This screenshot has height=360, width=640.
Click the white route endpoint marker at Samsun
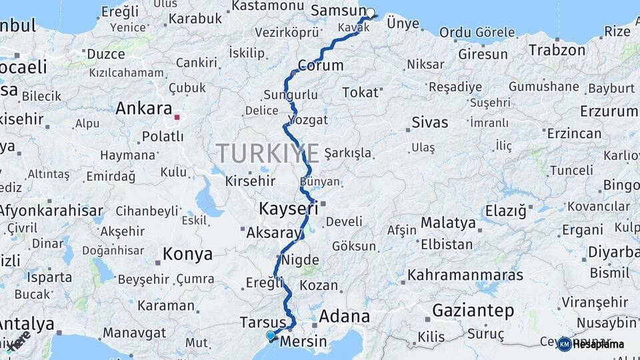[x=371, y=12]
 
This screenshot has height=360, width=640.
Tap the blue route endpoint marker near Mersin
[x=270, y=335]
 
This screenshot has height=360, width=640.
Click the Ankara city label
[x=143, y=108]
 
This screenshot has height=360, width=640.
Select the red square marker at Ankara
[x=177, y=117]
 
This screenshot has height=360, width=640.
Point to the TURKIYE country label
[x=267, y=153]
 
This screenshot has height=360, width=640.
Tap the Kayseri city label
[x=288, y=209]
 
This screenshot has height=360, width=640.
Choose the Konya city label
[x=188, y=254]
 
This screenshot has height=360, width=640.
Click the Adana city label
[x=344, y=315]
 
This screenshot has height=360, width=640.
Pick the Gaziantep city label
[x=473, y=310]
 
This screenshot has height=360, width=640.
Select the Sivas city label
[x=430, y=122]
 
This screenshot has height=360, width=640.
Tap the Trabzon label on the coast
[x=557, y=49]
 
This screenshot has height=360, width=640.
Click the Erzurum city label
[x=609, y=111]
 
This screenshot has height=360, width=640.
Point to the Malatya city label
[x=448, y=222]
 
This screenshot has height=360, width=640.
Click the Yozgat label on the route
[x=308, y=120]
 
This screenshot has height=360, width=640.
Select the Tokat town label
[x=360, y=93]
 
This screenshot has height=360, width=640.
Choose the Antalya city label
[x=25, y=324]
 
